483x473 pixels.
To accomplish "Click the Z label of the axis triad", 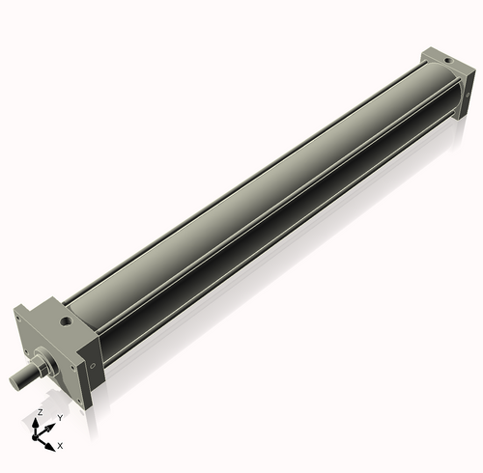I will coord(39,412).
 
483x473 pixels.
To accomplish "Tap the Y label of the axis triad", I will coord(60,417).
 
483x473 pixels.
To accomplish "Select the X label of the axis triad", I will coord(60,446).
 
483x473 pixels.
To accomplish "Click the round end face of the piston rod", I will coord(14,382).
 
